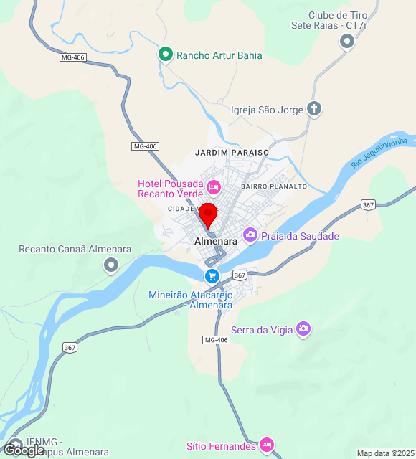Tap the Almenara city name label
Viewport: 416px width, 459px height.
pos(216,242)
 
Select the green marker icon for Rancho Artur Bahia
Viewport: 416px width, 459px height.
pos(166,55)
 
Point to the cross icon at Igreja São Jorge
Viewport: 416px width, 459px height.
pos(313,110)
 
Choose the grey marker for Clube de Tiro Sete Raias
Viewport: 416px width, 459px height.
pos(348,42)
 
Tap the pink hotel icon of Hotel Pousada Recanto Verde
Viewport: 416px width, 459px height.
pos(213,188)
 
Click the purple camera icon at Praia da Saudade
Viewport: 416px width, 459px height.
pos(250,235)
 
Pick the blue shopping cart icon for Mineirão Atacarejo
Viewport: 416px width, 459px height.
pos(212,275)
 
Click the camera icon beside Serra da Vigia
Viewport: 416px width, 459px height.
pos(303,328)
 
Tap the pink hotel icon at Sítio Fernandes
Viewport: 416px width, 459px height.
pos(267,445)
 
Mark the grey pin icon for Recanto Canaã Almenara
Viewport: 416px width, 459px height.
pos(110,266)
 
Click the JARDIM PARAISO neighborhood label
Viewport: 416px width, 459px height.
pos(232,153)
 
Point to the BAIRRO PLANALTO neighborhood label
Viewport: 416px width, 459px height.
pos(274,186)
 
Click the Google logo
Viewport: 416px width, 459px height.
pos(23,450)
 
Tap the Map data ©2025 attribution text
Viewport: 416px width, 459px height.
pos(384,453)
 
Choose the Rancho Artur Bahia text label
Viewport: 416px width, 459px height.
pos(219,55)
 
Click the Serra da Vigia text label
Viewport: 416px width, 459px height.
pos(268,330)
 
